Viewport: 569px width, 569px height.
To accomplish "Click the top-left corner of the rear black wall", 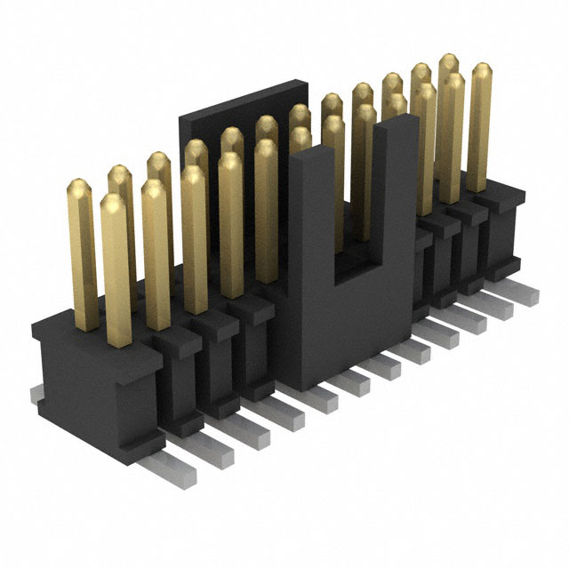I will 183,115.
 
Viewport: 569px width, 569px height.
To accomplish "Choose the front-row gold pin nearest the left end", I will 114,267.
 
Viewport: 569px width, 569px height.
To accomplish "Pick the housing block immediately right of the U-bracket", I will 428,267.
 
